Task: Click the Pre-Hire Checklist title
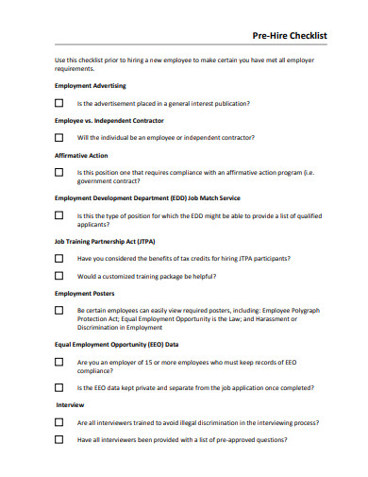(290, 35)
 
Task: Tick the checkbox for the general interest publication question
(59, 103)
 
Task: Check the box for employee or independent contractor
(59, 138)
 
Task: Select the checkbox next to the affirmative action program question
(59, 173)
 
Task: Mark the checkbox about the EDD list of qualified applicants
(59, 215)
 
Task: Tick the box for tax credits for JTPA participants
(59, 258)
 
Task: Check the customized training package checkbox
(59, 276)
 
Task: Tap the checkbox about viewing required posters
(59, 311)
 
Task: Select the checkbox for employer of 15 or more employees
(59, 363)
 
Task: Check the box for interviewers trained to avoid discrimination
(59, 423)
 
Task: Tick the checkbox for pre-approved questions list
(59, 440)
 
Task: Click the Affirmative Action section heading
(81, 156)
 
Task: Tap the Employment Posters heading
(86, 294)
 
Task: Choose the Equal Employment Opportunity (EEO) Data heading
(117, 346)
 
